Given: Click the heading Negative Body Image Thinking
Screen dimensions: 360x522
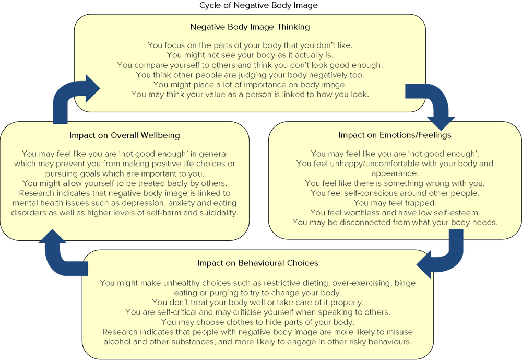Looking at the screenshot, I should point(250,27).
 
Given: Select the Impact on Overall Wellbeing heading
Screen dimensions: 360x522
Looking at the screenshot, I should point(124,135).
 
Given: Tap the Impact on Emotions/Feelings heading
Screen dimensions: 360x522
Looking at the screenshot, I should point(395,135).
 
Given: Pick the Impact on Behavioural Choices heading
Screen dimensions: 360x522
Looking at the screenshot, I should point(257,263).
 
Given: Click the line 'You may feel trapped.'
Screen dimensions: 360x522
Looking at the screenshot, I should point(395,203).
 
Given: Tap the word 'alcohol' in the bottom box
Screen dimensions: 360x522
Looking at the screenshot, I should point(118,342).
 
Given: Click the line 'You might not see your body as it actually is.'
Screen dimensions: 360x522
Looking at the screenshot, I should point(250,55).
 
